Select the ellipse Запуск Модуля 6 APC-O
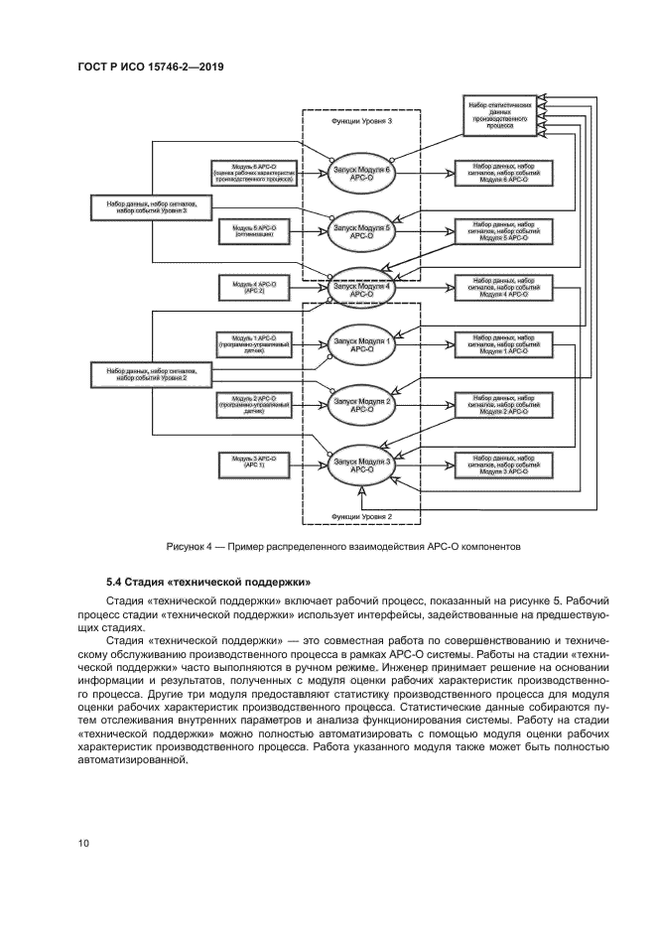362,172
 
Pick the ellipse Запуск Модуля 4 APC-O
362,286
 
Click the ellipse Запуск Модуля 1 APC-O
362,344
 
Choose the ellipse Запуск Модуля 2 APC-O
362,403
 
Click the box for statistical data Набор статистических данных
502,115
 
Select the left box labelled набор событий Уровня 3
152,207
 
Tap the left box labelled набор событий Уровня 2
152,374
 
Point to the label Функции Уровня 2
361,516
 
